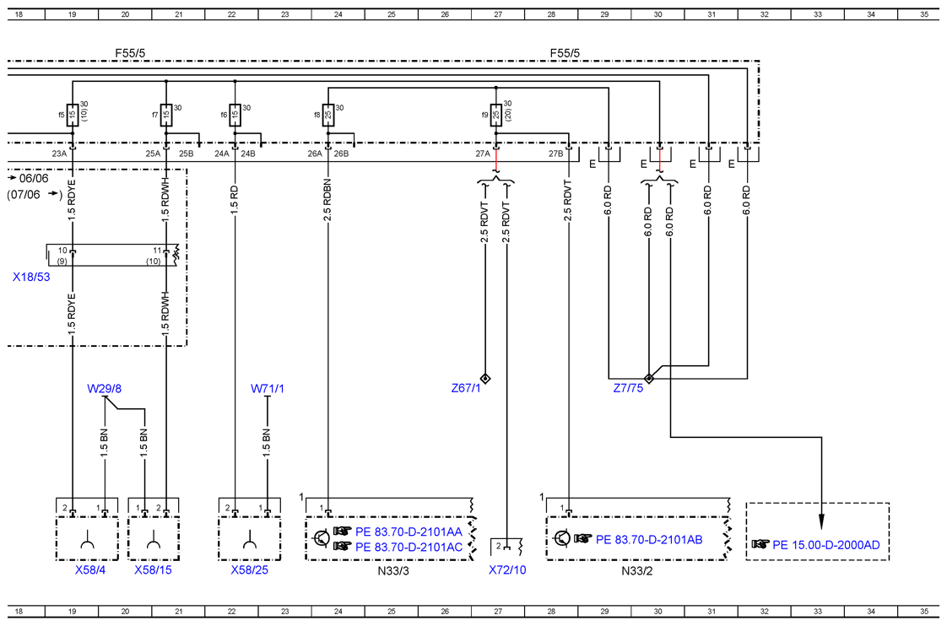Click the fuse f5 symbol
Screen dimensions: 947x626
(x=72, y=115)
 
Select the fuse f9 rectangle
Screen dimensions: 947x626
(x=495, y=115)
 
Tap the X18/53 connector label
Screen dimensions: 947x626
(x=31, y=277)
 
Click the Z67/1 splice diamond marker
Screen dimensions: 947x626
(x=485, y=379)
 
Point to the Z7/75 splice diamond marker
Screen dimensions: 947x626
(x=649, y=379)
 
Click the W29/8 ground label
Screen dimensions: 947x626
(x=104, y=389)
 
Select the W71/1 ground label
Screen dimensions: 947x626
(x=268, y=389)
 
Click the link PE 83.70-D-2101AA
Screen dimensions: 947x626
(x=409, y=532)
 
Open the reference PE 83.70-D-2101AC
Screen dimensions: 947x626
(x=409, y=547)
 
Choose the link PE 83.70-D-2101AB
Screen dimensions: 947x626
(x=649, y=540)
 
